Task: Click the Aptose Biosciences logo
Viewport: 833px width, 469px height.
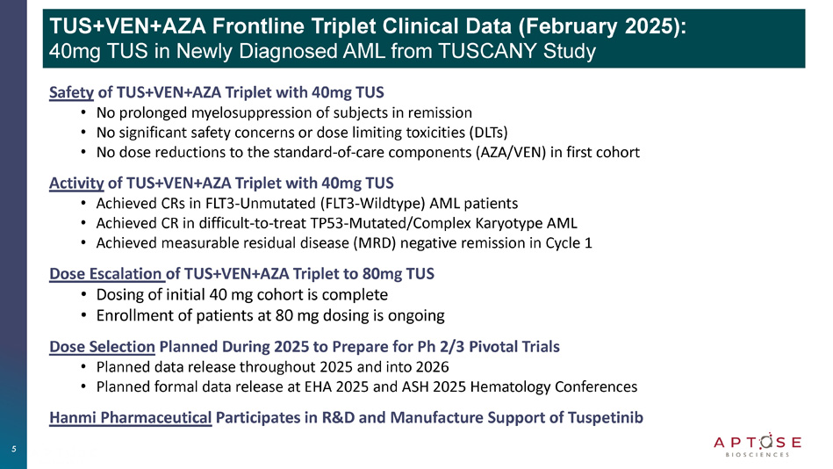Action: [x=758, y=445]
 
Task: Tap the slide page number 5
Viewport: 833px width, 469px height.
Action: [x=14, y=449]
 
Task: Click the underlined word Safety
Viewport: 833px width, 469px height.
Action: [x=71, y=92]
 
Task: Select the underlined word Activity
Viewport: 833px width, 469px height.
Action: [x=76, y=184]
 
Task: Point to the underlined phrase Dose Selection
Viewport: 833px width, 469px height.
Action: [x=102, y=347]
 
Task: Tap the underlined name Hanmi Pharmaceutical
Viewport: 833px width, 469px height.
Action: [x=131, y=418]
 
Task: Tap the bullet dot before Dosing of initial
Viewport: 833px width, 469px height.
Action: [x=83, y=295]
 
